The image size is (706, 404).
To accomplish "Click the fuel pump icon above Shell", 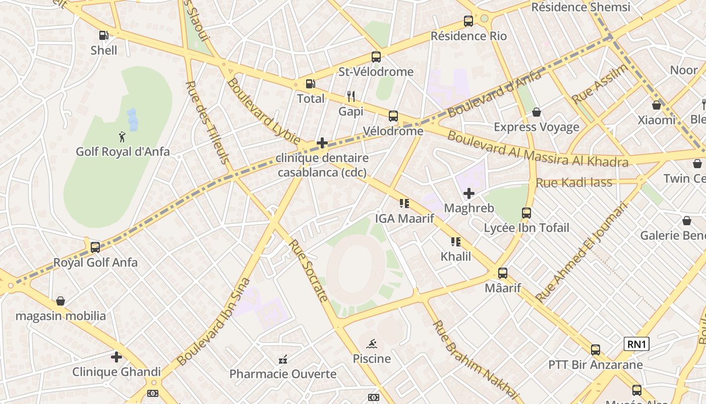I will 103,35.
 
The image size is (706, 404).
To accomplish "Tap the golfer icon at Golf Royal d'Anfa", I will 122,137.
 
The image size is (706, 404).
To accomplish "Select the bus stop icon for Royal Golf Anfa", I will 95,247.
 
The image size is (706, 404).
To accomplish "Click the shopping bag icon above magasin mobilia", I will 61,301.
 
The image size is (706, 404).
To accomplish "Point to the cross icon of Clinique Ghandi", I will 116,357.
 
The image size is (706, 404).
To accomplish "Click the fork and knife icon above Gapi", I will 351,96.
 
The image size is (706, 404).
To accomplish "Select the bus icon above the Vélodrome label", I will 393,116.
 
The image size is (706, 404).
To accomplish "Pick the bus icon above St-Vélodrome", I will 376,57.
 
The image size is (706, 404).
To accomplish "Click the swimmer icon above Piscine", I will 372,344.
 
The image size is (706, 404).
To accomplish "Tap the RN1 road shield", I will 636,344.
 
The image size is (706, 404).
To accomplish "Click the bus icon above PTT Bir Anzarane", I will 596,349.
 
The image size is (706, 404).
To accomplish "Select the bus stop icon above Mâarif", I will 503,273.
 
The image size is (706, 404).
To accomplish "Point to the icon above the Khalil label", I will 456,241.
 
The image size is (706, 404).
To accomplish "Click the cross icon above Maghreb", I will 469,193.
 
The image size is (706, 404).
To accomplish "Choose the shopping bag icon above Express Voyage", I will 537,112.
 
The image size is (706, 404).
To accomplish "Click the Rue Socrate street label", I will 309,270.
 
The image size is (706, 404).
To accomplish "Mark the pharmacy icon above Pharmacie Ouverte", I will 283,360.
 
